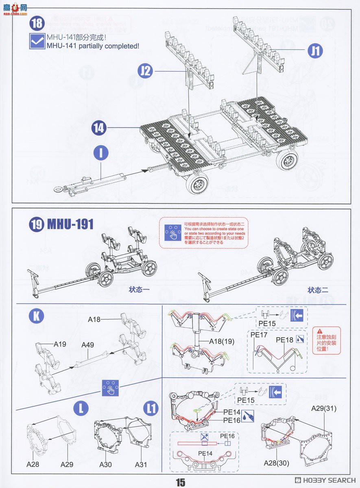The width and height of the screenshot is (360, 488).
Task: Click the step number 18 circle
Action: pos(37,23)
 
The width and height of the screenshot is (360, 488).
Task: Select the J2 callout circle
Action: pos(145,71)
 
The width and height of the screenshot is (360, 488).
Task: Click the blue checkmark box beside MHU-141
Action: pos(37,41)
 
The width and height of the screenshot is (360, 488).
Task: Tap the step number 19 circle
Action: pos(37,224)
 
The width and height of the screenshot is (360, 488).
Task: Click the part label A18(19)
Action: pos(222,342)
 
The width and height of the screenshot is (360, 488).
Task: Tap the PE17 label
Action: pos(259,335)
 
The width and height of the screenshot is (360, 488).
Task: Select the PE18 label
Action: pos(284,340)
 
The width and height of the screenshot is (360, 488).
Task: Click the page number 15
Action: pos(180,482)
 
